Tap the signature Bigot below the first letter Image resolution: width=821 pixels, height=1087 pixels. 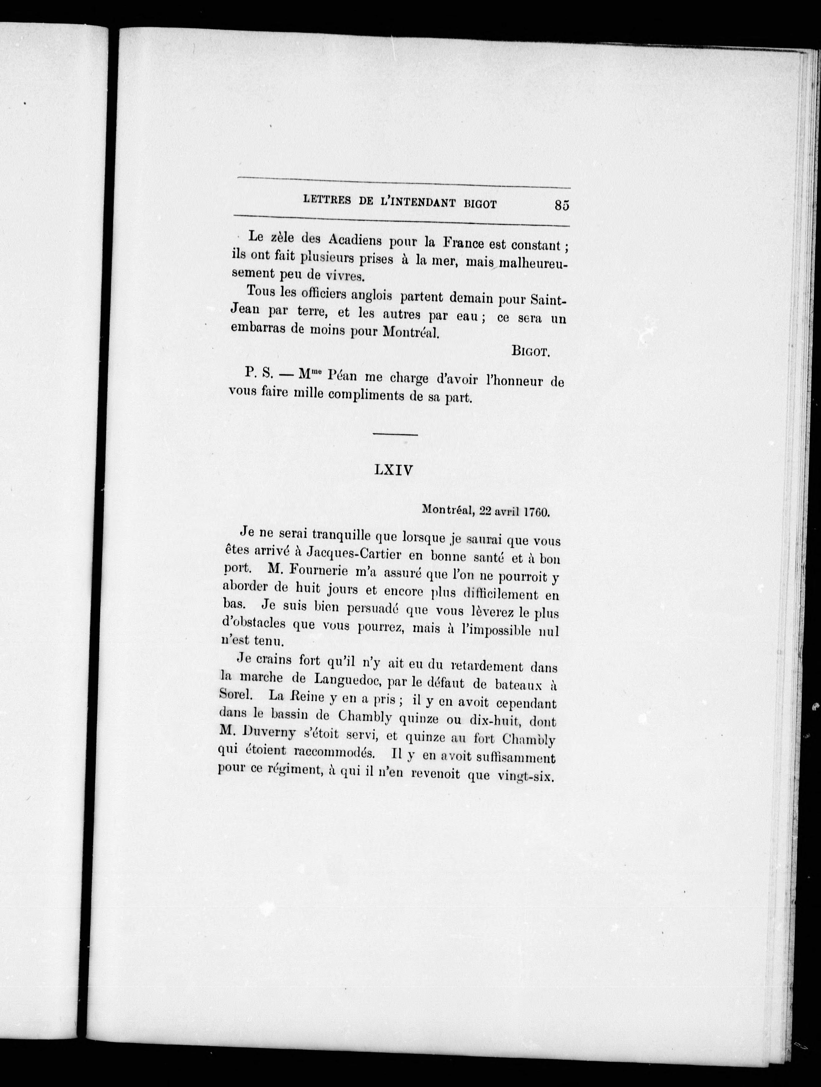click(x=529, y=351)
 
